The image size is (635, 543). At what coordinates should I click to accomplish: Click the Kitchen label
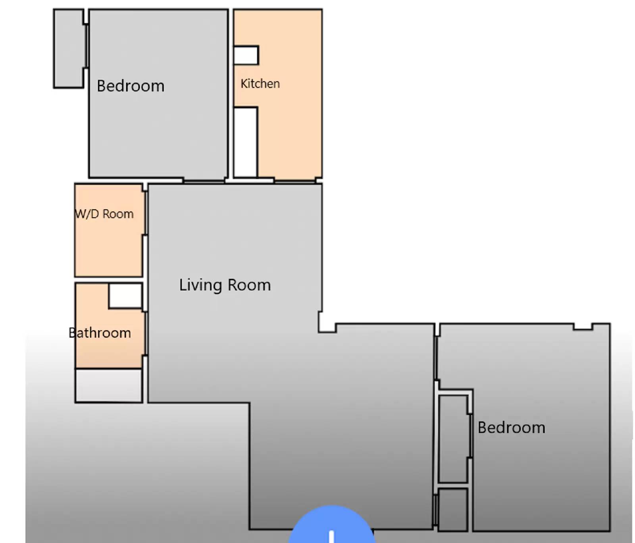260,84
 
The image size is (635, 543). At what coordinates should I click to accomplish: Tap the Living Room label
225,285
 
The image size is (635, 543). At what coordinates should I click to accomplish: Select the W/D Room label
104,214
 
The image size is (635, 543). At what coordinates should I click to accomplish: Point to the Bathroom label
100,333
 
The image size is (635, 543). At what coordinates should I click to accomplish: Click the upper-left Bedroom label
131,86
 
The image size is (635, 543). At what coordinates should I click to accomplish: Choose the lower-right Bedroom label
511,427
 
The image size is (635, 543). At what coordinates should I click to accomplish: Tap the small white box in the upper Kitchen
246,55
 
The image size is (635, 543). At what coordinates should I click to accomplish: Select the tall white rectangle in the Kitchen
245,142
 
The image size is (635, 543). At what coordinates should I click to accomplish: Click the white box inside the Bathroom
125,296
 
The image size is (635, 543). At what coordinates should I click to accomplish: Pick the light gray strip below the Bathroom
109,385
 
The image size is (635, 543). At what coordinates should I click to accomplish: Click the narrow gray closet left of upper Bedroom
69,48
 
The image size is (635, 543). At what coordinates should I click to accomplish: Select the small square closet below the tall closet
452,510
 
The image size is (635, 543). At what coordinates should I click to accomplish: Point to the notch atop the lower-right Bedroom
583,327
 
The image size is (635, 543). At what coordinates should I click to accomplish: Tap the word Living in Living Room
200,285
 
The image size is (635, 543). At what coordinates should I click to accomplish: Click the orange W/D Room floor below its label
108,250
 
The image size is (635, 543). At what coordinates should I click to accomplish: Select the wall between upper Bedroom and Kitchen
231,93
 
